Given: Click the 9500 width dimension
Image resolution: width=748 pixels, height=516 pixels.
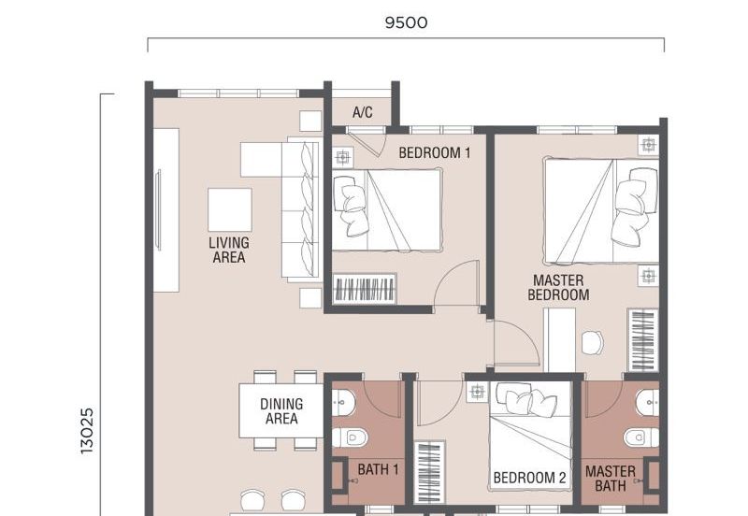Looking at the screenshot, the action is coord(406,22).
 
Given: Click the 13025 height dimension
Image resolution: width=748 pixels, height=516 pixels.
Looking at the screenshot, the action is coord(87,431).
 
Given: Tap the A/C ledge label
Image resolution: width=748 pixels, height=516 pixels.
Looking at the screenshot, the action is coord(363,112).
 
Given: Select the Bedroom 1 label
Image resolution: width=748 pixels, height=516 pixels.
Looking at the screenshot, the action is coord(435,153).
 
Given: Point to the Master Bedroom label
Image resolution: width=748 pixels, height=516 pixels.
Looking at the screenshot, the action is coord(558,288).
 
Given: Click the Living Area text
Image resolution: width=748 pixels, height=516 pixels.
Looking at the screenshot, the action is coord(229,251).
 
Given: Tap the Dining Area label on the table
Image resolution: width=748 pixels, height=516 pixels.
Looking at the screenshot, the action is coord(281,411).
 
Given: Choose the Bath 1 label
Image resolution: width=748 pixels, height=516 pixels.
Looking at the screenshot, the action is coord(379,470).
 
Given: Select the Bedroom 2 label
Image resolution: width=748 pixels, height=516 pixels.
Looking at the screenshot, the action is coord(529,478).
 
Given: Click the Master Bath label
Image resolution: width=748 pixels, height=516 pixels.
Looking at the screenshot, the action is coord(611,479).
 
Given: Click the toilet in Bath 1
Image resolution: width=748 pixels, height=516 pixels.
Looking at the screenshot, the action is coord(350,437).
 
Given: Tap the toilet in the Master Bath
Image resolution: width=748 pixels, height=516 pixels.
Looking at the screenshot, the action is coord(641,437).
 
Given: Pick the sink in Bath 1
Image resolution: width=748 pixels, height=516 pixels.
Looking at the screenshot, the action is coord(343,403).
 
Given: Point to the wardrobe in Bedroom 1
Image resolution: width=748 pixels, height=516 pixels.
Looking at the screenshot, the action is coord(365,288).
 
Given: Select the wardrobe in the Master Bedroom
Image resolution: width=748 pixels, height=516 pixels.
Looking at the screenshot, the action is coord(642,340).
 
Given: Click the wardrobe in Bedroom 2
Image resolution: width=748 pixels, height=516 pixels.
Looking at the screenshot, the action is coord(430,472).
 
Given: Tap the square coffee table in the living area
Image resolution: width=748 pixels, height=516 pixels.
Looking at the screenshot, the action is coord(230,209).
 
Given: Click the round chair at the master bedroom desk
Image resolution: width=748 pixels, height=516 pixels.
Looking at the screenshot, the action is coord(593,343).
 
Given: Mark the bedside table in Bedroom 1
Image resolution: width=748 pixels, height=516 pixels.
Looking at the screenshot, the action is coord(342,157).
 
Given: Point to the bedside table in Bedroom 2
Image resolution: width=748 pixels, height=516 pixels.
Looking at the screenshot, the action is coord(477,392).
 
